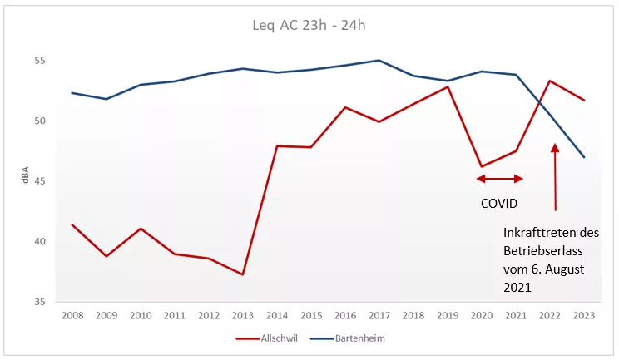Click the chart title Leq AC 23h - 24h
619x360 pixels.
[309, 26]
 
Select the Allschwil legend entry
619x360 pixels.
[266, 338]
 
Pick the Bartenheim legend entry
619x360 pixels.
[348, 338]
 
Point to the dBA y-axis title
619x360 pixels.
[26, 175]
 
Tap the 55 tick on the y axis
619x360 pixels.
[40, 61]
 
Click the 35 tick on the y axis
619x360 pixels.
[40, 302]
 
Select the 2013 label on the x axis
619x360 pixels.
[242, 315]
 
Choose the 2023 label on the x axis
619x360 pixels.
[584, 315]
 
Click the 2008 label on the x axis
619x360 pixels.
[72, 315]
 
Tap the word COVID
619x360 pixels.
[499, 204]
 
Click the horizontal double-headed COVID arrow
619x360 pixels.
[500, 179]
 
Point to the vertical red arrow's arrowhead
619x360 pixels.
[555, 148]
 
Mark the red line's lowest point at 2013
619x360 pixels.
[242, 274]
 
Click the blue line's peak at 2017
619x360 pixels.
[379, 61]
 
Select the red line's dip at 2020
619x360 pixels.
[482, 166]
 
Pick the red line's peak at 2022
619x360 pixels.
[549, 81]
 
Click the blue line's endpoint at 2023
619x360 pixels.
[584, 157]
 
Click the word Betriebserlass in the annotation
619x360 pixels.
[543, 251]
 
